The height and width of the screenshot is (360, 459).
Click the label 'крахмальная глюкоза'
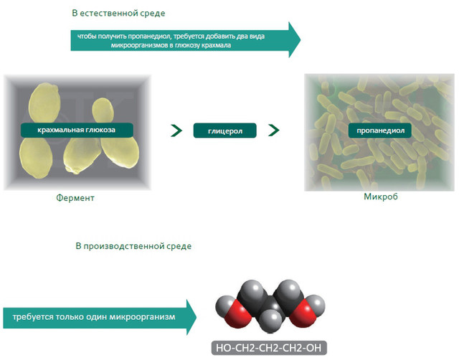(x=78, y=130)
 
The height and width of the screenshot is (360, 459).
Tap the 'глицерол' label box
(x=224, y=131)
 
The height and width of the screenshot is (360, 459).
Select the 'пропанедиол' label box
(x=378, y=131)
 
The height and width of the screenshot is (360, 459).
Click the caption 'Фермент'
(x=75, y=197)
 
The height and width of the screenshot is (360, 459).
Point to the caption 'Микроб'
(x=381, y=195)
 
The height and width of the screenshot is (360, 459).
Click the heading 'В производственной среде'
(x=133, y=246)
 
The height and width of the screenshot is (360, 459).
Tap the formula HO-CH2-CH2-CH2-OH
(x=270, y=349)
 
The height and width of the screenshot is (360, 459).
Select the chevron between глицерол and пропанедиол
(x=273, y=131)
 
